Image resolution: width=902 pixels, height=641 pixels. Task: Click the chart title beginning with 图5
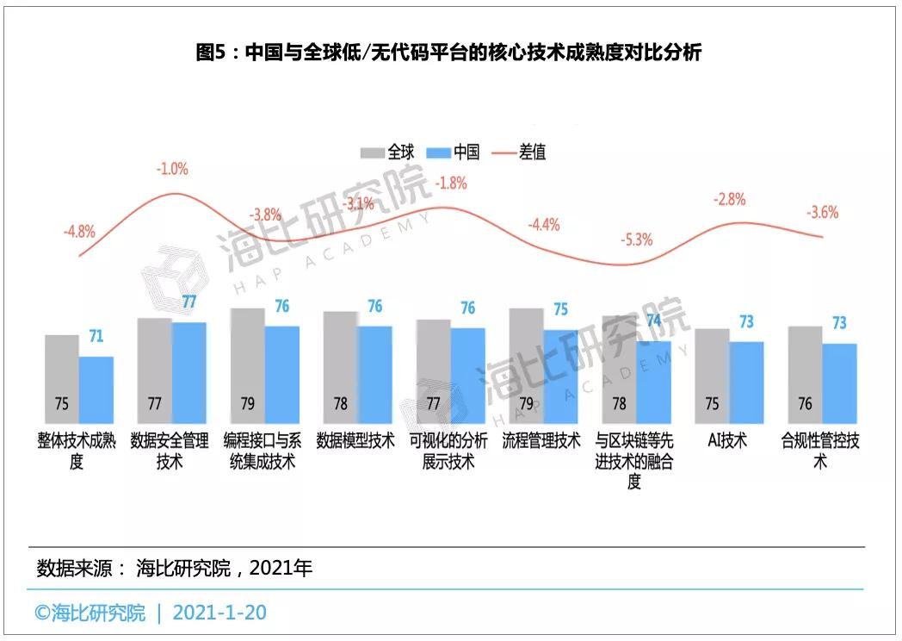pyautogui.click(x=449, y=53)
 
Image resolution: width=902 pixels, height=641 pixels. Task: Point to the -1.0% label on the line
pyautogui.click(x=171, y=169)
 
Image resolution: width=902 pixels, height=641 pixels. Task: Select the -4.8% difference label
pyautogui.click(x=79, y=231)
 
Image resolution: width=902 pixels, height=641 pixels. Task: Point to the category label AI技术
pyautogui.click(x=727, y=441)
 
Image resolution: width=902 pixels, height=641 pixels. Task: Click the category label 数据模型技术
pyautogui.click(x=355, y=441)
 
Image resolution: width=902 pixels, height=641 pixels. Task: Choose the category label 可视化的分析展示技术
pyautogui.click(x=448, y=451)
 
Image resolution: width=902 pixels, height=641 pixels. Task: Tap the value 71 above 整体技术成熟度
pyautogui.click(x=96, y=336)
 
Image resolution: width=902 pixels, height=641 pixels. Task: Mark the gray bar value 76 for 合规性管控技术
pyautogui.click(x=806, y=404)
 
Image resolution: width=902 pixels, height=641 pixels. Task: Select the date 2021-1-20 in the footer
pyautogui.click(x=219, y=613)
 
